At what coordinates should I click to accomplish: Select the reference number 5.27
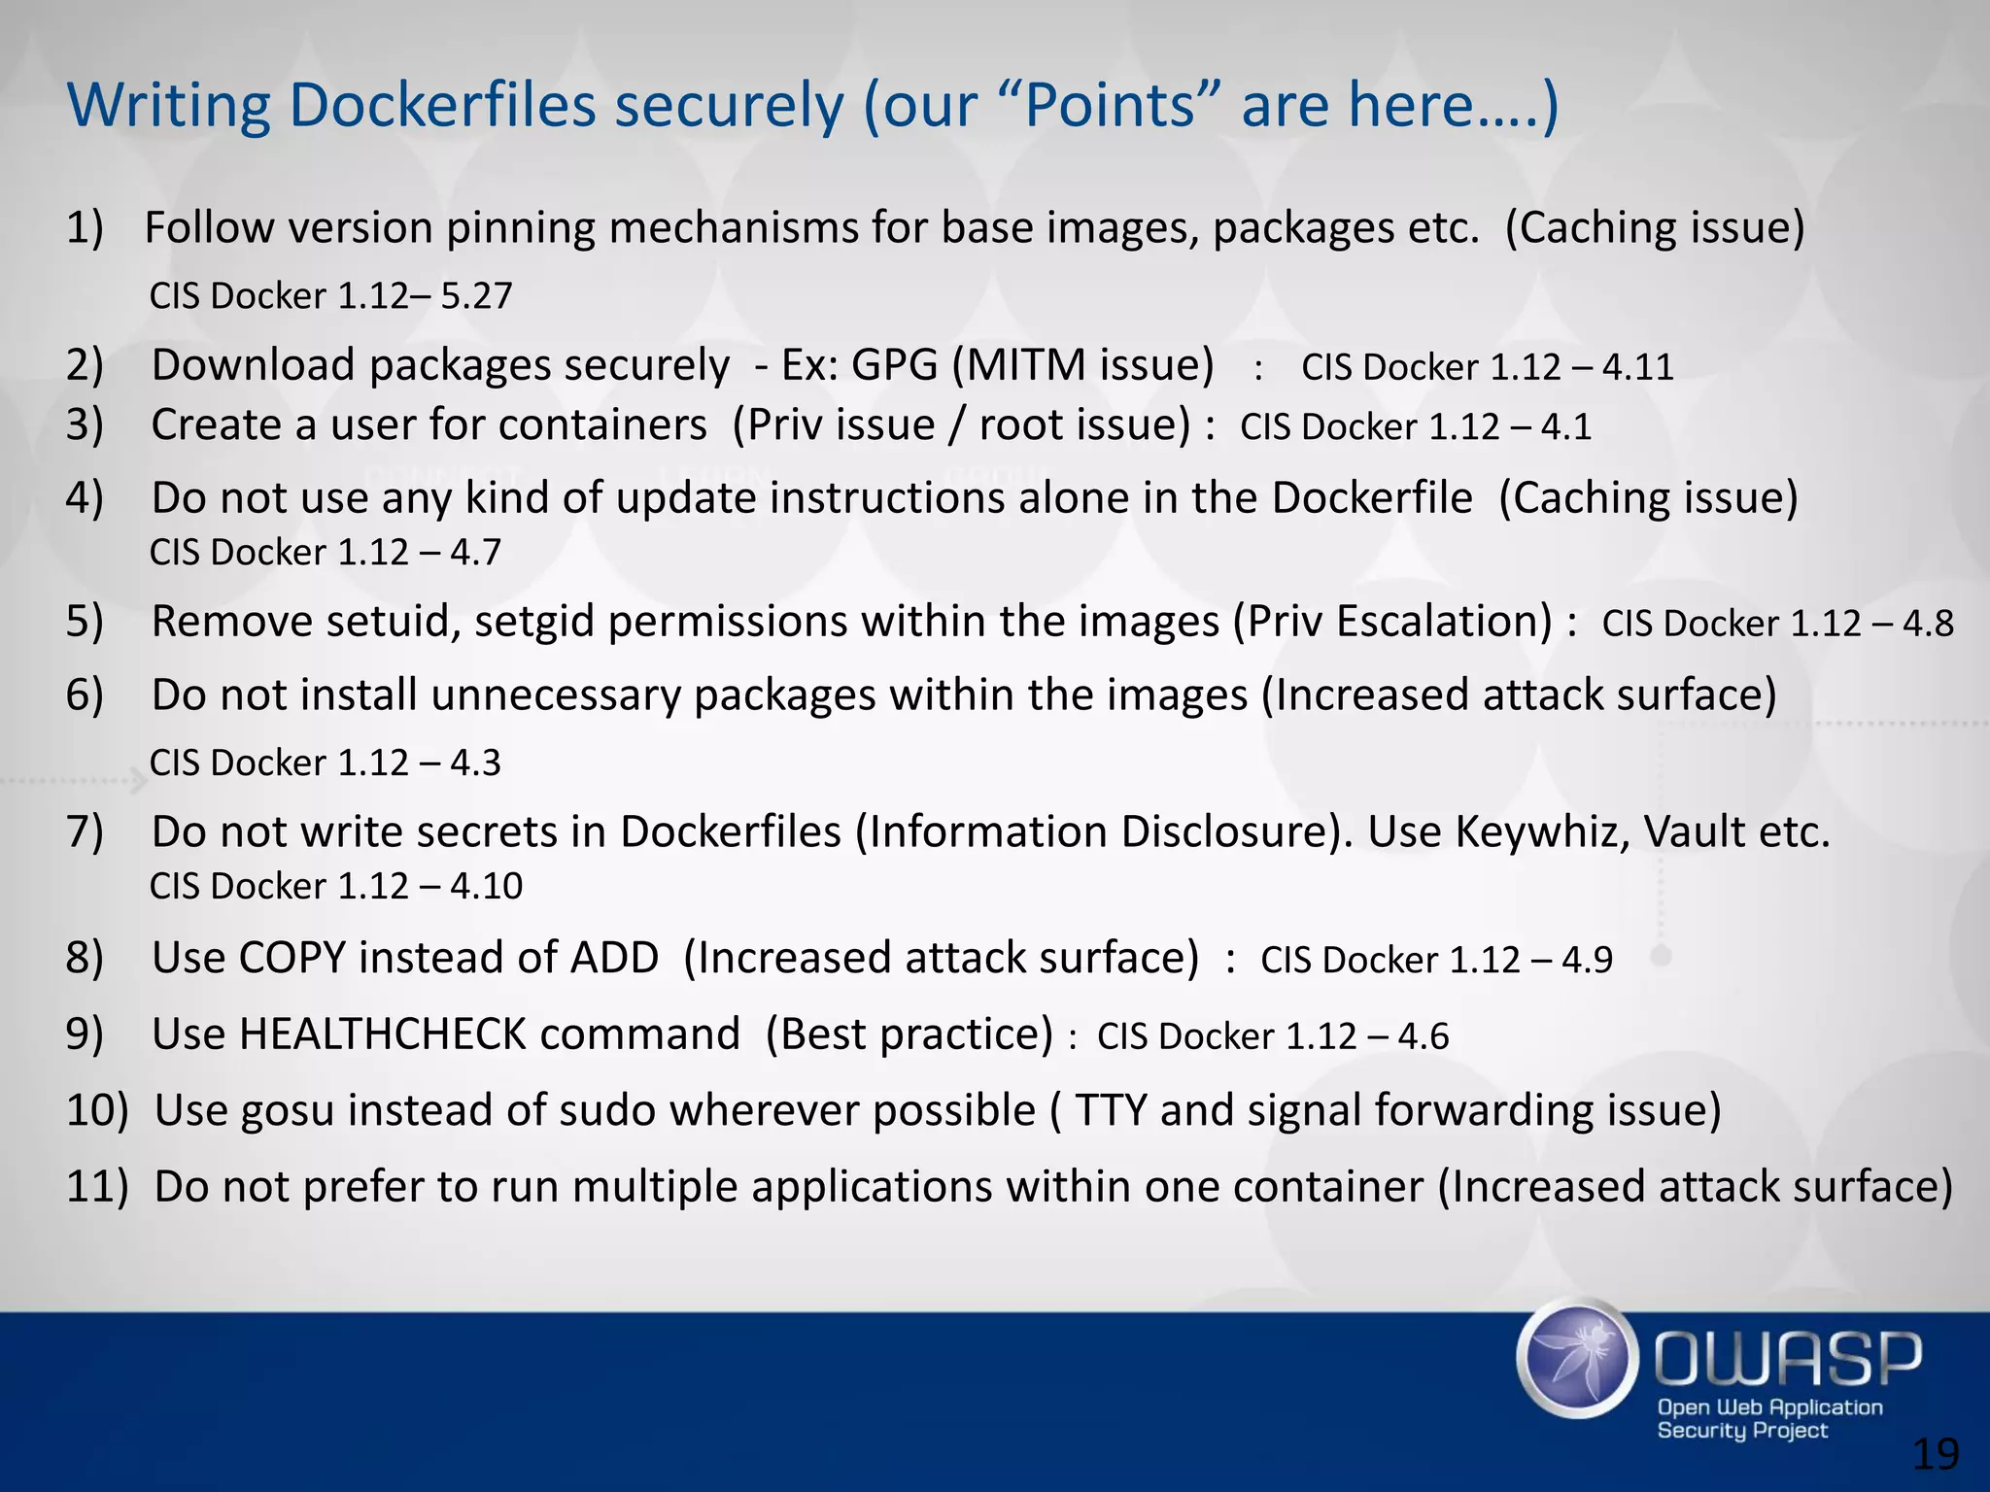point(476,296)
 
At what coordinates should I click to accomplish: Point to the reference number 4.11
point(1638,367)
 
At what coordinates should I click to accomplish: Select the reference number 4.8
point(1928,624)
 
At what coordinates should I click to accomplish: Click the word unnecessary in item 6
point(557,695)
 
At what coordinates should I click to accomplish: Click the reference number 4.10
point(486,886)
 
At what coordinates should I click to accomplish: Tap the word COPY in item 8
point(292,958)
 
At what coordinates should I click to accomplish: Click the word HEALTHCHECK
point(383,1034)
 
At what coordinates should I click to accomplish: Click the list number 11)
point(96,1187)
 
